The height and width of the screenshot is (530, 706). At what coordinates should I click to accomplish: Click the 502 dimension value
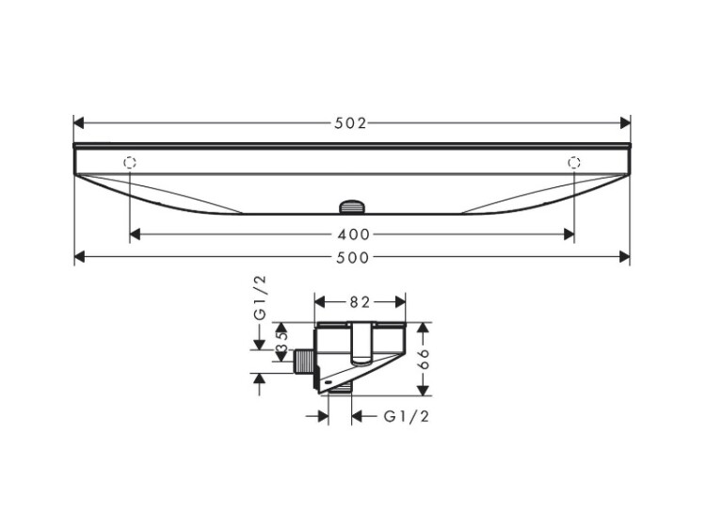click(351, 123)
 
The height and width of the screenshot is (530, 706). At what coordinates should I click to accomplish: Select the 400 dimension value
click(353, 234)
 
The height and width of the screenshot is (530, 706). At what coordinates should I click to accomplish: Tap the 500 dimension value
click(353, 258)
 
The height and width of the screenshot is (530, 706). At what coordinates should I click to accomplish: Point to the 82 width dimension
click(360, 302)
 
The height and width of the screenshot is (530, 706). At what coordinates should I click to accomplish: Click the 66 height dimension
click(424, 359)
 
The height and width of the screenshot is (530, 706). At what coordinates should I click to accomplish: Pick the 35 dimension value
click(281, 342)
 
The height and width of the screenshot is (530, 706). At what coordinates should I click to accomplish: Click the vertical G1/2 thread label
click(260, 298)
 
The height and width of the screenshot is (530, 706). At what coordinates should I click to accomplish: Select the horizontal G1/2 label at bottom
click(406, 417)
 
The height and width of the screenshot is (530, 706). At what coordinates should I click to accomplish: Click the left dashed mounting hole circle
click(130, 163)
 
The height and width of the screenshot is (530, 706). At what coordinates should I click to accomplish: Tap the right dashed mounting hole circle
click(574, 162)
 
